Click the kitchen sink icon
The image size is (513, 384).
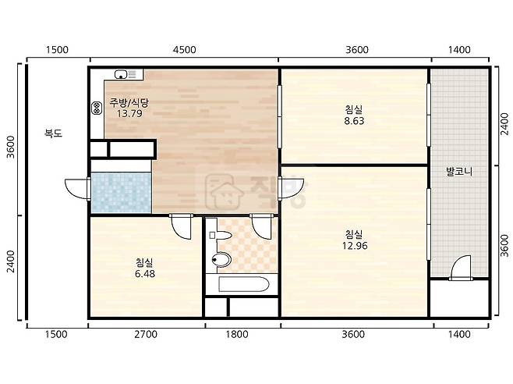click(x=121, y=75)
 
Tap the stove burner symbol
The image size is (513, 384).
click(x=97, y=108)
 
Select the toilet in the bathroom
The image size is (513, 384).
click(x=221, y=260)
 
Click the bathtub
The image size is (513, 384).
click(x=244, y=284)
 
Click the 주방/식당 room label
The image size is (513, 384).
click(x=129, y=103)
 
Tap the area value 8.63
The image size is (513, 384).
click(x=354, y=121)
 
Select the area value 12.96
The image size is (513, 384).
click(x=355, y=245)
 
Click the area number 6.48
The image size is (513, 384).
click(x=145, y=274)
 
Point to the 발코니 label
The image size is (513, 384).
click(x=459, y=172)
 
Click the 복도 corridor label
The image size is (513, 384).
click(x=53, y=133)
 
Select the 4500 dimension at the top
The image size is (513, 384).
click(x=185, y=50)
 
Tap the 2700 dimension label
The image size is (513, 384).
click(x=146, y=334)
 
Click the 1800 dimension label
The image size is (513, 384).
click(x=237, y=334)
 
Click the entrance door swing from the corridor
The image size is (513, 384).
click(x=77, y=189)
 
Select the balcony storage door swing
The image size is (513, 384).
click(x=461, y=268)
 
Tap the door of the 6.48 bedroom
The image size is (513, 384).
click(x=181, y=226)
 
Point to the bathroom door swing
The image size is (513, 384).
click(x=262, y=226)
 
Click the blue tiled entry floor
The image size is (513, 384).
click(x=122, y=193)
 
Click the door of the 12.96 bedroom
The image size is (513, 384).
click(x=291, y=188)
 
